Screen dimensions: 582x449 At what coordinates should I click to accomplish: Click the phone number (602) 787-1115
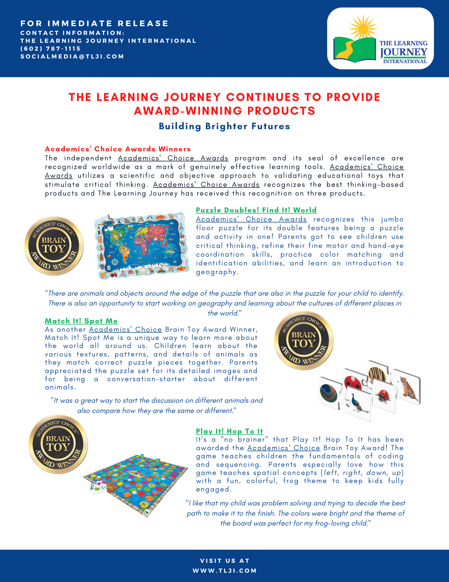tap(50, 49)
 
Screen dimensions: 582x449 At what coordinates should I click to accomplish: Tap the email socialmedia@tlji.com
tap(72, 56)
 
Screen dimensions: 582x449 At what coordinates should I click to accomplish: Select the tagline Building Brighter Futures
tap(224, 126)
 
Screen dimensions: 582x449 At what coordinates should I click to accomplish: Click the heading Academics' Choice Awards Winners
tap(118, 149)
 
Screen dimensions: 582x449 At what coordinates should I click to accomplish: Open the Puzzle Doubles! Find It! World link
tap(256, 210)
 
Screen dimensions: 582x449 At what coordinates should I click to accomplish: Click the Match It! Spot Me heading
tap(81, 321)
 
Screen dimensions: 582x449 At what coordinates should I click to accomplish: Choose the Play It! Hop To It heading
tap(229, 431)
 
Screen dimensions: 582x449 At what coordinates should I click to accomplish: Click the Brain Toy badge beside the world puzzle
tap(54, 246)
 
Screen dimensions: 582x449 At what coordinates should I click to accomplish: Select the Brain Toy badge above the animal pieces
tap(304, 340)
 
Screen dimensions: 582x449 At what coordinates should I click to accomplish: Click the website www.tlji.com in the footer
tap(225, 571)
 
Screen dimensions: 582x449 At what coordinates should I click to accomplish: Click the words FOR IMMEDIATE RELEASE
tap(94, 23)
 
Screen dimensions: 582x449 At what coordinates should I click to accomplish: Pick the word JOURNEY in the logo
tap(404, 52)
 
